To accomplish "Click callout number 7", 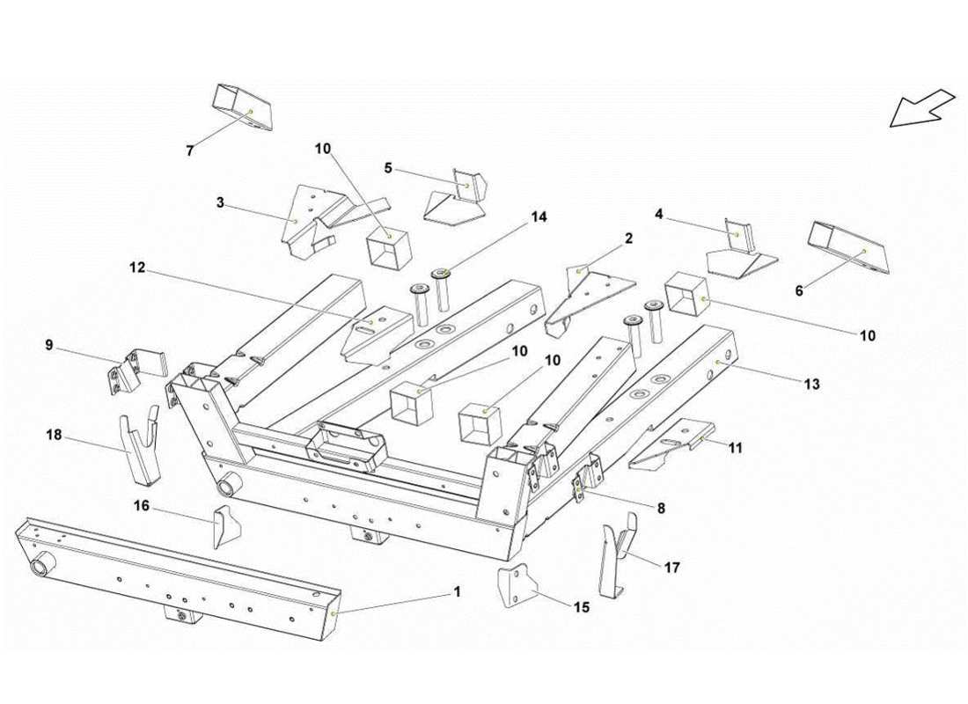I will click(190, 150).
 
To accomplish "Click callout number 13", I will click(811, 384).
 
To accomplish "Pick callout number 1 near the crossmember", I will click(456, 592).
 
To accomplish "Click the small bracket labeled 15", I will click(518, 588).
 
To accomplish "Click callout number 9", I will click(49, 346).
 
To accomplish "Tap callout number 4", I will click(658, 213).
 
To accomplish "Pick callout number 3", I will click(220, 202).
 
